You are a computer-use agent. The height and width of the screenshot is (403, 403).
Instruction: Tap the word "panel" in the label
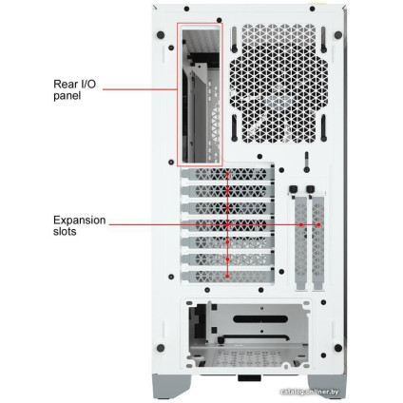click(67, 95)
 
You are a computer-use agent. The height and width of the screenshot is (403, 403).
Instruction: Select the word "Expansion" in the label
click(79, 220)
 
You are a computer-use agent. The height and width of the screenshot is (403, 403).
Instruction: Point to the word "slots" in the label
click(66, 231)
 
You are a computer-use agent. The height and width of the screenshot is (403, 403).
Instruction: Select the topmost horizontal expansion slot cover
click(227, 175)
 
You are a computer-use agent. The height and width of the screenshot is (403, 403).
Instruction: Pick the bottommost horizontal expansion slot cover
click(227, 275)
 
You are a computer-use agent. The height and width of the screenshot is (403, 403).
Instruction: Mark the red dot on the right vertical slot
click(317, 225)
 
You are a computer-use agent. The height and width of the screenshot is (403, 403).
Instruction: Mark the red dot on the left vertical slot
click(300, 225)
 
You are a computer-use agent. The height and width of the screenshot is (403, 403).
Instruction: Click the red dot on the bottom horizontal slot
click(227, 276)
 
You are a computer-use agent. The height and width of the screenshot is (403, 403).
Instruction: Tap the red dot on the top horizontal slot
click(227, 175)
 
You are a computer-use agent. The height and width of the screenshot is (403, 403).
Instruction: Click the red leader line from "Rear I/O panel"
click(139, 89)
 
